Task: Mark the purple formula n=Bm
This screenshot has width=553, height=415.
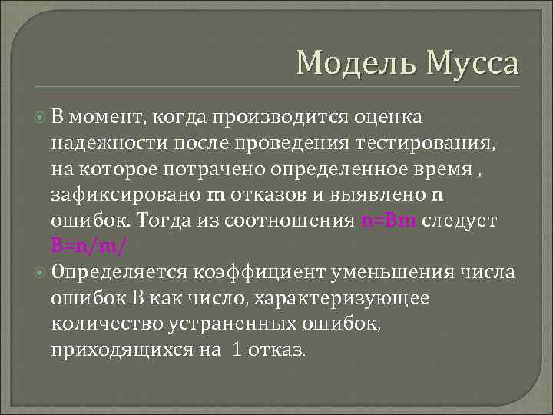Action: (389, 221)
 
